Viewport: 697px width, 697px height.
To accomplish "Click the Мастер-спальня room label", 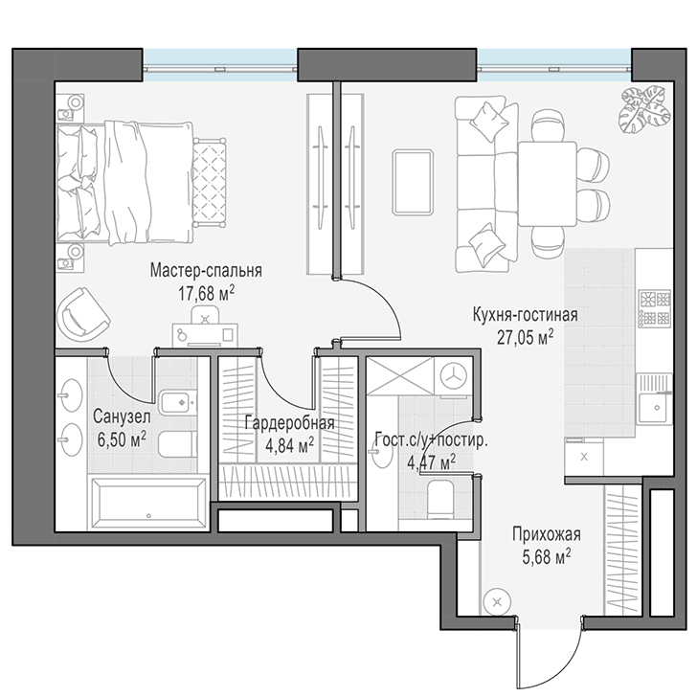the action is (x=206, y=270).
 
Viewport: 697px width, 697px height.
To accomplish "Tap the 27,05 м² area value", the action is (x=525, y=337).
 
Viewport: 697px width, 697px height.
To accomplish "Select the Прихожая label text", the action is (x=547, y=534).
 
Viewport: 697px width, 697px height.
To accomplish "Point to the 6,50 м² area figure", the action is (x=122, y=440).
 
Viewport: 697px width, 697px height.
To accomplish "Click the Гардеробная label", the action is (x=289, y=423).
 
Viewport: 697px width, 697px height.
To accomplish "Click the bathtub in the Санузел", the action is (x=148, y=502).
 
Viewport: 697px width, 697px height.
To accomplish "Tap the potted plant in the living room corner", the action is (x=644, y=109).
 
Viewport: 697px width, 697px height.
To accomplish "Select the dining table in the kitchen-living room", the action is (x=548, y=184).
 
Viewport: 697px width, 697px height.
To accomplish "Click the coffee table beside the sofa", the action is (x=413, y=183).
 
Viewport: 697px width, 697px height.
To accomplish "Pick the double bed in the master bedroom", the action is (x=125, y=183).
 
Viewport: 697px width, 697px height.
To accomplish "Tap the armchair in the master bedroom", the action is (x=83, y=314).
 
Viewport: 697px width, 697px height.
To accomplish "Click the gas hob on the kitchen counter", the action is (x=654, y=307).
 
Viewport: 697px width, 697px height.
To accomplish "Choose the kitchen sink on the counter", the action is (x=654, y=398).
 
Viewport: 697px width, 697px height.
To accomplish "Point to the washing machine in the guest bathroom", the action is (x=454, y=376).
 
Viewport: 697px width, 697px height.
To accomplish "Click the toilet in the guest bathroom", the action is (x=440, y=499).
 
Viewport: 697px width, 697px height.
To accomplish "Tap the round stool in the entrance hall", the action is (x=497, y=602).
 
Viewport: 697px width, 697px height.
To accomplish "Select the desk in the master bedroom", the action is (x=205, y=335).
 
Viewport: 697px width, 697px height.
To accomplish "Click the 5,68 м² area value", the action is (x=547, y=557).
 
